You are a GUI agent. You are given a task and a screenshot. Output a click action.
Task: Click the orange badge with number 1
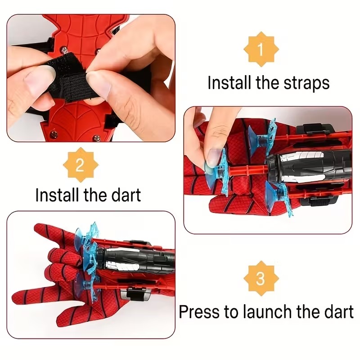point(261,49)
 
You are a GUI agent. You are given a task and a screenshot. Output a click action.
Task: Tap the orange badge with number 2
point(81,165)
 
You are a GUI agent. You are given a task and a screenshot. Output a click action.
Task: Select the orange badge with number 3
point(261,279)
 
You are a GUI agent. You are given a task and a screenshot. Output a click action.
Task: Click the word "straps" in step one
point(306,83)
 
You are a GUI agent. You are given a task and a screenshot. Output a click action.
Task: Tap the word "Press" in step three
point(199,311)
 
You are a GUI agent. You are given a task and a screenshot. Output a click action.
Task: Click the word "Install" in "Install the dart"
point(57,195)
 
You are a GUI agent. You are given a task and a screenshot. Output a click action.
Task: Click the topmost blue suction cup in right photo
point(264,135)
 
